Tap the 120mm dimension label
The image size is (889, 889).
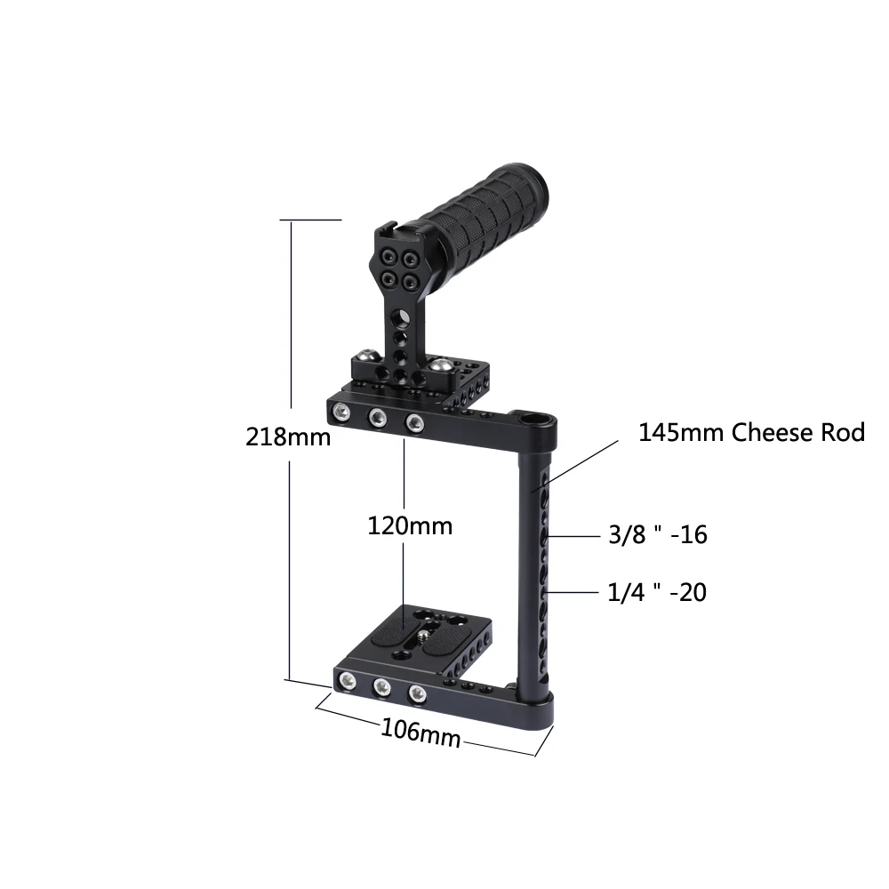[410, 525]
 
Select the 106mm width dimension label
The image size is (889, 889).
[420, 733]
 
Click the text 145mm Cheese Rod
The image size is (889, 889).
[751, 433]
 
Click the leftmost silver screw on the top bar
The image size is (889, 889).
[341, 412]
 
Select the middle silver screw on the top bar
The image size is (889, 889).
[377, 416]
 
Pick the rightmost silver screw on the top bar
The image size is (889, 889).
[412, 421]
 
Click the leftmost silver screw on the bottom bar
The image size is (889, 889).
[347, 682]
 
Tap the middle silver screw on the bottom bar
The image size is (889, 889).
[382, 687]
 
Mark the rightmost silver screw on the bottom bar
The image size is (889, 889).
[416, 692]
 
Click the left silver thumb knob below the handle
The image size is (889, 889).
[365, 359]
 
